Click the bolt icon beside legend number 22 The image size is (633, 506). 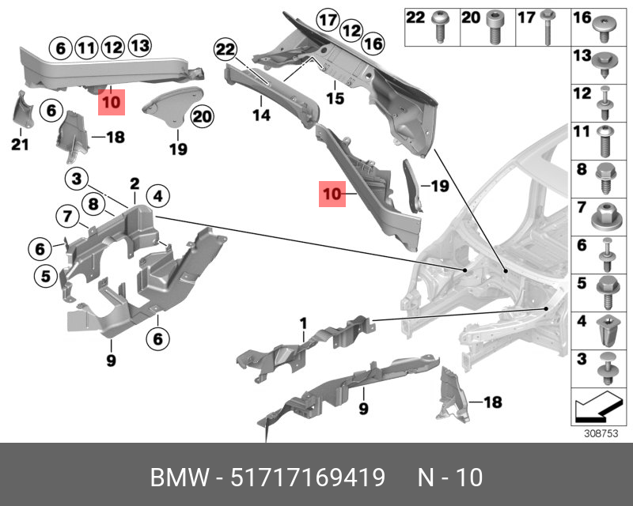pyautogui.click(x=439, y=25)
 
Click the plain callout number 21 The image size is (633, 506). pyautogui.click(x=20, y=143)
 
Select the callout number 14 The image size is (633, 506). pyautogui.click(x=261, y=115)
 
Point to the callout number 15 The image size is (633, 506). pyautogui.click(x=335, y=99)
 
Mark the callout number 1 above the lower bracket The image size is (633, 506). pyautogui.click(x=302, y=323)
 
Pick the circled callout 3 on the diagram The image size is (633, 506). pyautogui.click(x=76, y=179)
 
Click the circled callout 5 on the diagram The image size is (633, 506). pyautogui.click(x=46, y=276)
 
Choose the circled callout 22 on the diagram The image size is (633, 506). pyautogui.click(x=226, y=51)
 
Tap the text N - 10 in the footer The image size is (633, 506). pyautogui.click(x=449, y=478)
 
